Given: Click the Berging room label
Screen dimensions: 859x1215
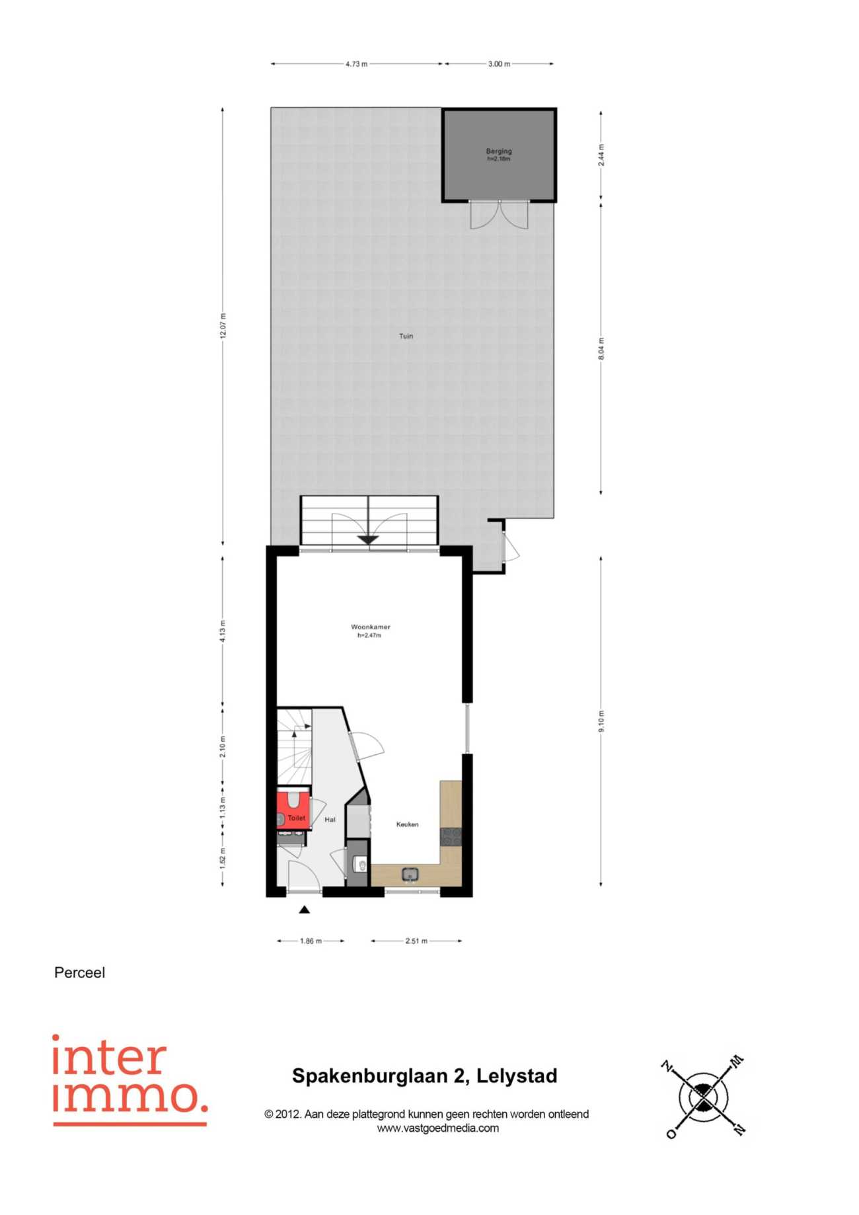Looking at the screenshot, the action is click(x=499, y=151).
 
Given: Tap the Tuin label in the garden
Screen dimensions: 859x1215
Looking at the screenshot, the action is click(x=406, y=336).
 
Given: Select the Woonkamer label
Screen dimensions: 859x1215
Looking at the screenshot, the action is click(x=370, y=627).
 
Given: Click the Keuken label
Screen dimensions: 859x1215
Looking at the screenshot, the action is click(x=407, y=824).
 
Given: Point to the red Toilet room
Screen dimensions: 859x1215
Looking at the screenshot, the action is click(x=293, y=810).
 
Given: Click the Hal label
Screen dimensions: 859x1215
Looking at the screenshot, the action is click(x=330, y=820).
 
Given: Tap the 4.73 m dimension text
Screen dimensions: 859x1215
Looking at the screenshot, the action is click(x=356, y=64).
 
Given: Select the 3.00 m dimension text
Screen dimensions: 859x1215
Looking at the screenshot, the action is click(x=499, y=64).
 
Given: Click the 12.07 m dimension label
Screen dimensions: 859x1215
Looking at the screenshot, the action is click(x=223, y=326).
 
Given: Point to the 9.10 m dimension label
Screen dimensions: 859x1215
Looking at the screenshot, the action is click(x=601, y=721).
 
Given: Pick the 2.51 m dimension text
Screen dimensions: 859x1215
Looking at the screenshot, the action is click(x=416, y=941).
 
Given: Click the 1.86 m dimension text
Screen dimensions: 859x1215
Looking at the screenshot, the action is click(x=311, y=941).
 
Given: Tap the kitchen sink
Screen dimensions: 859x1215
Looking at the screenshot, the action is click(x=410, y=875).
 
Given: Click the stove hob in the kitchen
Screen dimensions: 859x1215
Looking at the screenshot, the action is click(x=451, y=836).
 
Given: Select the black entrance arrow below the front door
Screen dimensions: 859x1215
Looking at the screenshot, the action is click(x=304, y=910).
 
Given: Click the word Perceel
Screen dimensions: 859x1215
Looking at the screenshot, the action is click(x=79, y=973).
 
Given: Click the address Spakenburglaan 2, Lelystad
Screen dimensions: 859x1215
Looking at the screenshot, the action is click(x=425, y=1076).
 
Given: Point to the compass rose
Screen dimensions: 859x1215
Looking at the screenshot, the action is click(x=704, y=1097).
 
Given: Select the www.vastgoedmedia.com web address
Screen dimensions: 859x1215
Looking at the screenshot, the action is click(x=438, y=1128).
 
